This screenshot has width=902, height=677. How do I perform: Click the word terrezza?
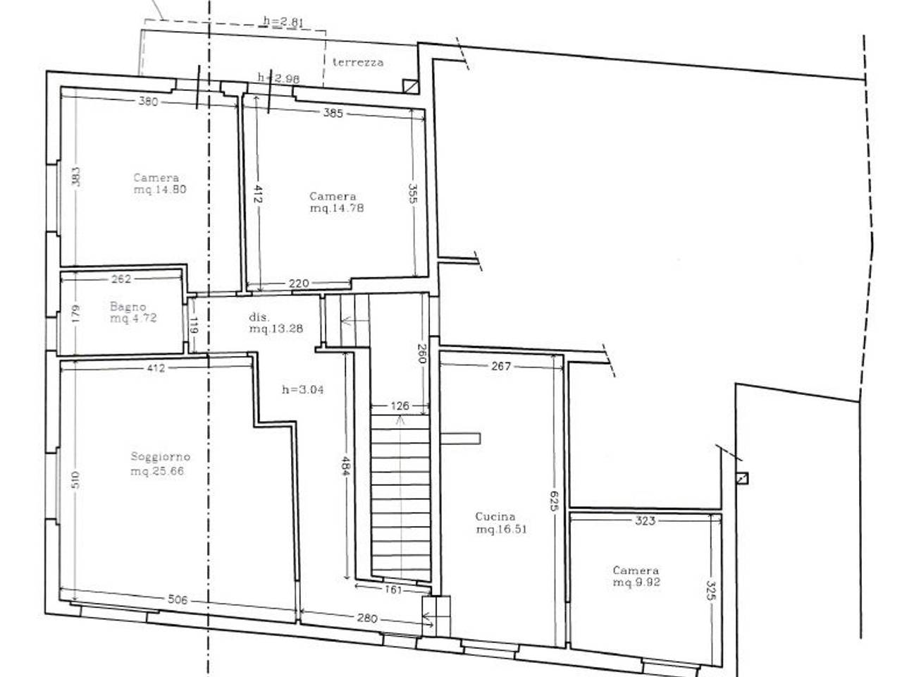click(x=358, y=63)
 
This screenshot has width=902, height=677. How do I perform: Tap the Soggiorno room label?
click(x=160, y=457)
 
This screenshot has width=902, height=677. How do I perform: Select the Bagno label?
click(x=128, y=307)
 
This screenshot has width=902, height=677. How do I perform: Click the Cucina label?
click(x=495, y=517)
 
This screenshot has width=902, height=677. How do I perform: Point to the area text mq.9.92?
click(x=636, y=583)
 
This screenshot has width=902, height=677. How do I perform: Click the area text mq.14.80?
click(x=160, y=190)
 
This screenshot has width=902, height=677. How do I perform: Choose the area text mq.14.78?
click(x=337, y=208)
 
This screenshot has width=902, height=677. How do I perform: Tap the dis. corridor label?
click(x=259, y=317)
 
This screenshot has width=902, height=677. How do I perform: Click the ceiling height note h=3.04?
click(x=303, y=389)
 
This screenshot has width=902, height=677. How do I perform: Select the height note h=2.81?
click(x=283, y=21)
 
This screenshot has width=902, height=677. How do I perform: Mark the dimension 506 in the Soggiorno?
click(x=178, y=599)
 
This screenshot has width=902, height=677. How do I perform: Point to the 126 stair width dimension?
click(x=400, y=406)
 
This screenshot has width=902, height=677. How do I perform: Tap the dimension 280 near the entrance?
click(x=367, y=618)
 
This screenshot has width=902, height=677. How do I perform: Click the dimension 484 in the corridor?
click(x=346, y=466)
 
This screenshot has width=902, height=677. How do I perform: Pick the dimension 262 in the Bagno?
click(x=121, y=279)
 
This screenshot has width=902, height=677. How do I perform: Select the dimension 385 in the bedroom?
click(x=333, y=113)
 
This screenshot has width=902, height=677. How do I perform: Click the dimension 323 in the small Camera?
click(x=645, y=521)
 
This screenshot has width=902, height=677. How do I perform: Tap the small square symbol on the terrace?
click(x=411, y=87)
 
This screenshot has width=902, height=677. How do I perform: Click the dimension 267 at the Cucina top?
click(x=501, y=366)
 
